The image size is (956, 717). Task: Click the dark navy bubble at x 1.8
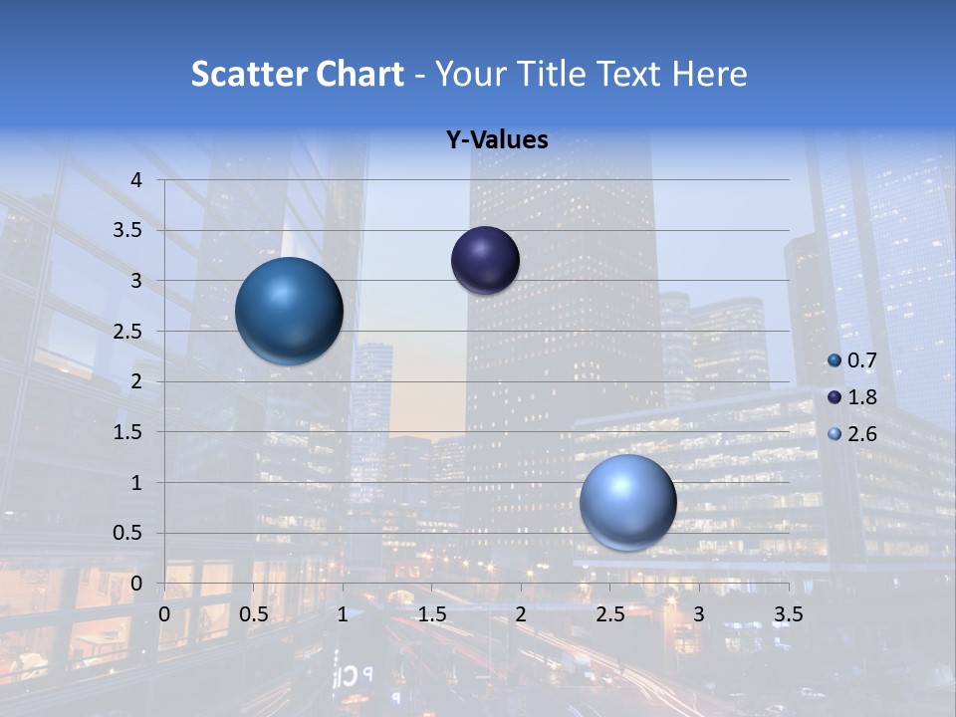(x=485, y=261)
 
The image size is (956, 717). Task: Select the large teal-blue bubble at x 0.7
(x=290, y=311)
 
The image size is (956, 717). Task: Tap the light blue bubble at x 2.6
(x=627, y=503)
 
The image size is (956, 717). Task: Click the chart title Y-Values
(x=496, y=140)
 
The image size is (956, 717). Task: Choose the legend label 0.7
(x=861, y=360)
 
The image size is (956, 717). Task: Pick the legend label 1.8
(x=861, y=397)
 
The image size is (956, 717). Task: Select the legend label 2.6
(x=861, y=434)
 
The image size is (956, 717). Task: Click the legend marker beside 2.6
(x=835, y=434)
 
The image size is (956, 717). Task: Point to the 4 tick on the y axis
(x=137, y=180)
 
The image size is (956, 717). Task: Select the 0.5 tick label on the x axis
(x=254, y=613)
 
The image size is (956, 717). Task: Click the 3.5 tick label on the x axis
(x=788, y=613)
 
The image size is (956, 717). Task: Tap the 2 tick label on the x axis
(x=521, y=613)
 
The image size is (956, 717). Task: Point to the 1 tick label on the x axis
(x=343, y=613)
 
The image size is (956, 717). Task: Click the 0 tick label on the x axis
(x=164, y=613)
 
